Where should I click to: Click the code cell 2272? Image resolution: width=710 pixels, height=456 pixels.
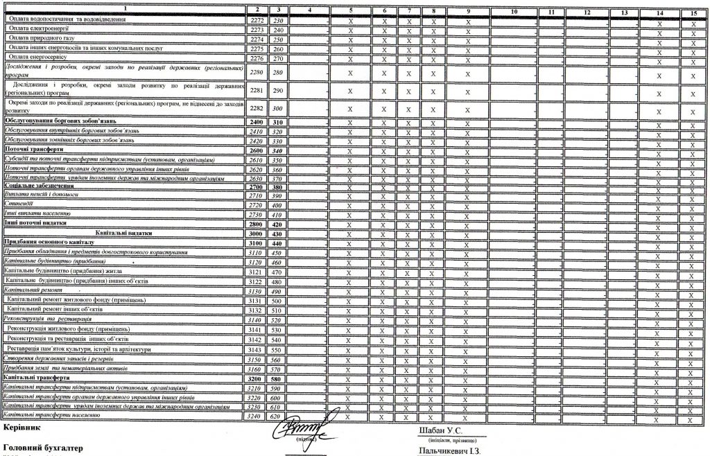click(x=257, y=21)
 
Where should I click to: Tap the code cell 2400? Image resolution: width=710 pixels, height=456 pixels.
click(x=257, y=122)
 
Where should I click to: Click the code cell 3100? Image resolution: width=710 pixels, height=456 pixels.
click(x=257, y=243)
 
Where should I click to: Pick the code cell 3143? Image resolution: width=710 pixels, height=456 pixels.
click(x=257, y=349)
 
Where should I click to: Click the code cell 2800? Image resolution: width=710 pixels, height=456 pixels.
click(x=257, y=225)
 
